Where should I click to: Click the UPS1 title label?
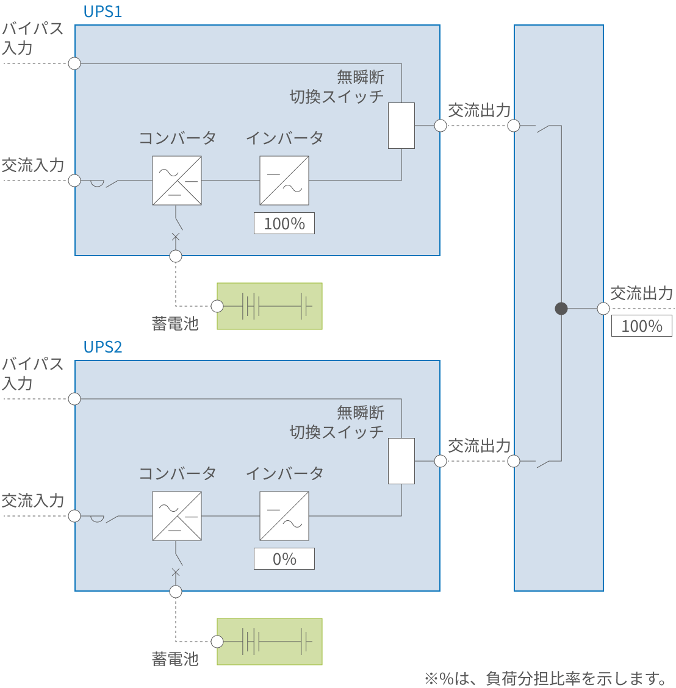[102, 12]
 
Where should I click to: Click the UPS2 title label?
[102, 347]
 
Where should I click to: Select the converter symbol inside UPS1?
[177, 181]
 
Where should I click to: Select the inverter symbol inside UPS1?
[284, 181]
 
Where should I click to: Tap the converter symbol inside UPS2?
[177, 516]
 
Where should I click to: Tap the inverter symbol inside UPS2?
[284, 516]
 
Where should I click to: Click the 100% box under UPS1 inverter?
[284, 223]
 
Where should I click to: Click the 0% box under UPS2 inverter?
[284, 559]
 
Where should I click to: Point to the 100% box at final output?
[642, 326]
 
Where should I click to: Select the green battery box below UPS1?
[270, 306]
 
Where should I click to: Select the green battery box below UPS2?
[270, 642]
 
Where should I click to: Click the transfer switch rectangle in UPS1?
[401, 126]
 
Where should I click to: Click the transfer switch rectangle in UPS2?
[401, 461]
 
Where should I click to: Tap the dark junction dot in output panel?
[561, 309]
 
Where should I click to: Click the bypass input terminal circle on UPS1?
[74, 63]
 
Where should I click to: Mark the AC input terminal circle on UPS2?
[74, 516]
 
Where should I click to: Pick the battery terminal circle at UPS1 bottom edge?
[176, 256]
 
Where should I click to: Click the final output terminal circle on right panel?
[603, 309]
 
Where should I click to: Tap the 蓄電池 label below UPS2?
[175, 659]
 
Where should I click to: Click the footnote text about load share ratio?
[547, 678]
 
